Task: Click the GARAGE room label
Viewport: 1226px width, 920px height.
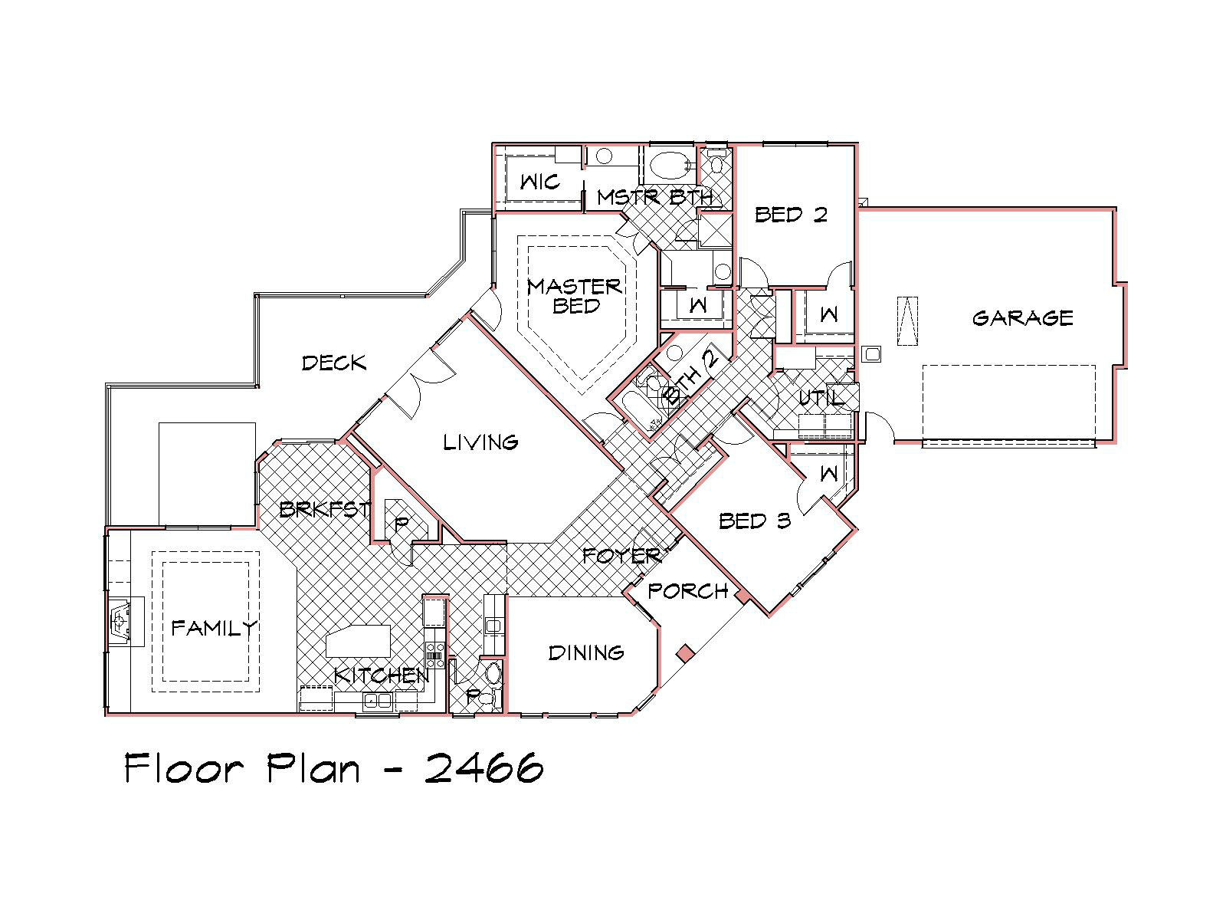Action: coord(1022,318)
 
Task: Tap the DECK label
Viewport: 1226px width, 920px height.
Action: coord(334,363)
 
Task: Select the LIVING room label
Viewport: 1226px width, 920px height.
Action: coord(480,442)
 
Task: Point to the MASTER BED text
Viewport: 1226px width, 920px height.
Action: coord(575,296)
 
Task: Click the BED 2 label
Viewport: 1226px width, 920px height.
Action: coord(791,215)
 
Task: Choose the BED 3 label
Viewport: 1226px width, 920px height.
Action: coord(755,521)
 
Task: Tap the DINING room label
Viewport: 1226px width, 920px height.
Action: coord(586,652)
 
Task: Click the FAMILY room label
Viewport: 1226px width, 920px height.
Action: coord(214,629)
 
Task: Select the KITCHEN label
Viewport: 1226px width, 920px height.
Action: coord(382,676)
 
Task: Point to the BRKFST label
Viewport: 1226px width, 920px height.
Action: coord(325,509)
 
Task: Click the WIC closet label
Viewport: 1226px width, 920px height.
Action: coord(539,182)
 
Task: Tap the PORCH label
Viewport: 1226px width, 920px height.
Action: coord(687,591)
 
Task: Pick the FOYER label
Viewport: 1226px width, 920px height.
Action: coord(621,556)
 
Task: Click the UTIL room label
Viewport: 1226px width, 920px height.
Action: coord(821,398)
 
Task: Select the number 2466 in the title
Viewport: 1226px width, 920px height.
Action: coord(484,768)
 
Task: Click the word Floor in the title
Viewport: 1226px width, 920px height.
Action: coord(184,768)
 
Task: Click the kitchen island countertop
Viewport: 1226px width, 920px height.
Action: coord(358,641)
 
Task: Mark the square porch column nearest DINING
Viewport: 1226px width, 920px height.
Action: coord(685,653)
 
